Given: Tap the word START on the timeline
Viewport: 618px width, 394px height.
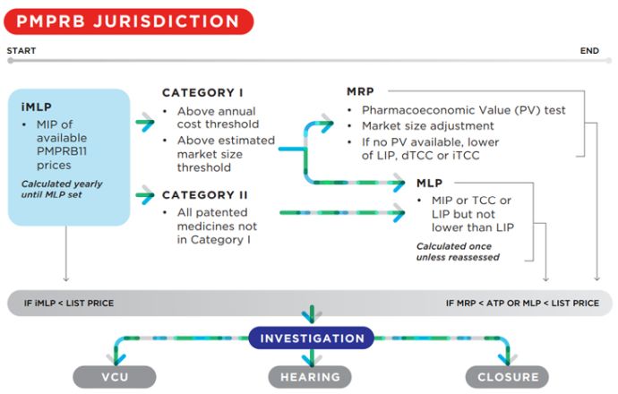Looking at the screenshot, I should (x=21, y=51).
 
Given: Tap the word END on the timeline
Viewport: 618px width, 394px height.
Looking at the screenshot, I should (x=588, y=51).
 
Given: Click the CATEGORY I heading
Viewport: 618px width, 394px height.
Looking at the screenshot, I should (x=203, y=93).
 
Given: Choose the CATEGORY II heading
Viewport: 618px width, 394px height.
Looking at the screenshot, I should (x=206, y=194).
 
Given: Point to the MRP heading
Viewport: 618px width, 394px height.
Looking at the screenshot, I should (x=360, y=91).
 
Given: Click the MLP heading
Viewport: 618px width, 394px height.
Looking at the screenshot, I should (x=429, y=183).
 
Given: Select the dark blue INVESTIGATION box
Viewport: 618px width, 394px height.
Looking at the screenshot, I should (x=311, y=338).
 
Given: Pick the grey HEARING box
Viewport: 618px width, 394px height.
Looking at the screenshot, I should (x=311, y=377).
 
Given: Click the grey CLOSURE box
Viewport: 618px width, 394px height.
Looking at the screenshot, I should (x=508, y=377).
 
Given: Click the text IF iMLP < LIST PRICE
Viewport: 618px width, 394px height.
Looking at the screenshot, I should (x=69, y=303).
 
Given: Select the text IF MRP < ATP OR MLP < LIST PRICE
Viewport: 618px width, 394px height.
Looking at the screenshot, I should (x=522, y=303).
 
